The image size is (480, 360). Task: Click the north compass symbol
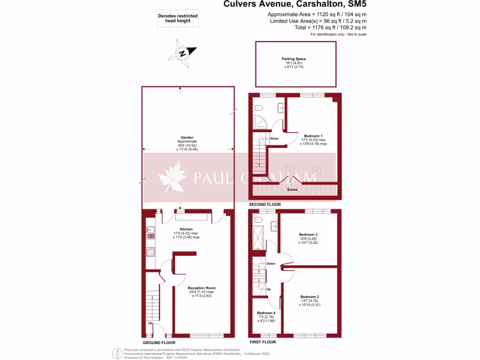click(183, 53)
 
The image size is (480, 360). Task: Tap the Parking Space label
click(294, 59)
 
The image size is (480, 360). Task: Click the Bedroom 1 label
click(313, 136)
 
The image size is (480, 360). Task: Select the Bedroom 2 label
click(309, 297)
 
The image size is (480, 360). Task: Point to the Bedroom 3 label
click(308, 234)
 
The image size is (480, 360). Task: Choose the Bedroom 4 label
click(266, 313)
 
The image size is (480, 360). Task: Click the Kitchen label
click(180, 229)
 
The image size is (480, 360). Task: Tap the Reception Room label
click(202, 288)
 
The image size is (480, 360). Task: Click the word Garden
click(180, 137)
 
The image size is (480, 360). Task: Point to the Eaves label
click(292, 189)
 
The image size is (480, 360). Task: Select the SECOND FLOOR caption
click(265, 204)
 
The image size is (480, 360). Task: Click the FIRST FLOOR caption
click(262, 342)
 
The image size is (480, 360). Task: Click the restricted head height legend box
click(178, 18)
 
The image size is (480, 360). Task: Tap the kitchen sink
click(150, 230)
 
